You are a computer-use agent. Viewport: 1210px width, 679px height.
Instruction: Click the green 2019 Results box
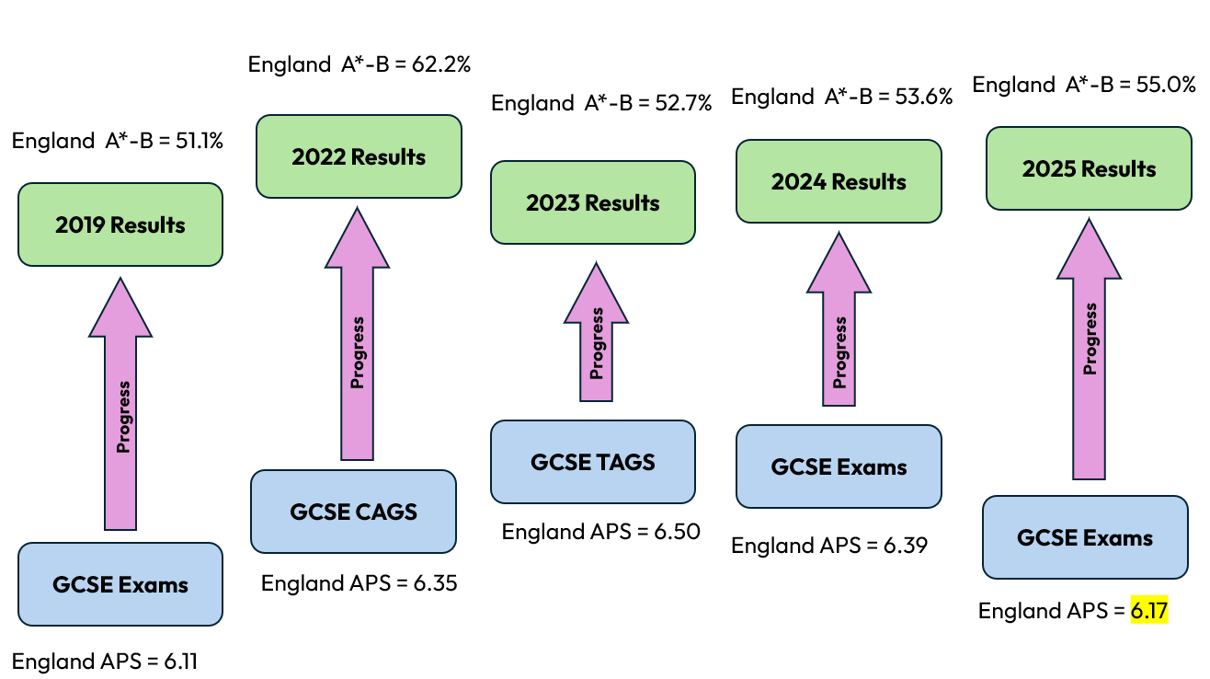point(120,224)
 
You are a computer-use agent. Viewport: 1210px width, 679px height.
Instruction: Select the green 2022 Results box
point(359,156)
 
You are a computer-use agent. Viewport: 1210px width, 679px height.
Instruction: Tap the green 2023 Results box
point(593,202)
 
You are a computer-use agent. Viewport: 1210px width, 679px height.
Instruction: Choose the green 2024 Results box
point(839,181)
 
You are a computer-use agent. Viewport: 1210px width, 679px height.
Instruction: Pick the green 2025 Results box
point(1089,168)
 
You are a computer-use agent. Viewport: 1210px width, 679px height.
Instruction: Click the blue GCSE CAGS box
point(353,512)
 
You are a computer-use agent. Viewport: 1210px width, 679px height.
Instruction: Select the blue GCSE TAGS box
point(593,462)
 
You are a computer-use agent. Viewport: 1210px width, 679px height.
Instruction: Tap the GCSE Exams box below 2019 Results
point(120,584)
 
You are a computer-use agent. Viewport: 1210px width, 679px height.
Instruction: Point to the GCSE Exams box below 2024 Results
point(839,466)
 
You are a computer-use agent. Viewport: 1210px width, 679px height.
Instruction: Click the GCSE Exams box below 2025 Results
point(1085,537)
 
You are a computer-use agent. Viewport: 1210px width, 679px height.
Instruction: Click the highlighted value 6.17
point(1149,611)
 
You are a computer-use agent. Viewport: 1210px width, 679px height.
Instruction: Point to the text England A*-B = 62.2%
point(360,64)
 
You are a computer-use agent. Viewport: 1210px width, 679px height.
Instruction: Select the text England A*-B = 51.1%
point(118,141)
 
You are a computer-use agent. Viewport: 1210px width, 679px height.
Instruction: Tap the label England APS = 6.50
point(600,532)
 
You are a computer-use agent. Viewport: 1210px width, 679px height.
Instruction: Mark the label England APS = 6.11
point(105,661)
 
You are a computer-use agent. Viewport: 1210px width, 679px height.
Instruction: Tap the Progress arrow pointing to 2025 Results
point(1090,350)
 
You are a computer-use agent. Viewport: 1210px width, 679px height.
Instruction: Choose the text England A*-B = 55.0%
point(1084,85)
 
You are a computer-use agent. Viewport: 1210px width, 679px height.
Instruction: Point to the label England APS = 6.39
point(828,546)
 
